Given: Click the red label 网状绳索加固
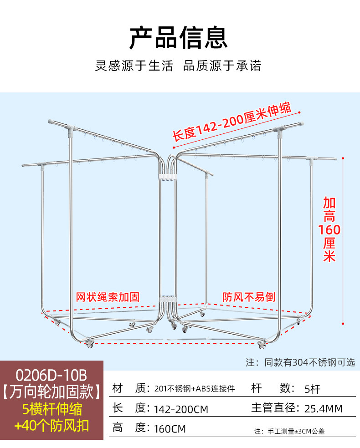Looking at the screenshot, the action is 108,297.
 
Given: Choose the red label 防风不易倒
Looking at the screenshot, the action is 249,297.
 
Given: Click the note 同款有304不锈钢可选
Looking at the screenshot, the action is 300,362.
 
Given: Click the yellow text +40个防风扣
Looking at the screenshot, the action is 51,426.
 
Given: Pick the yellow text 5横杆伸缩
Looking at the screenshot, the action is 51,408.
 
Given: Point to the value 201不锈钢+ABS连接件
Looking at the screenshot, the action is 195,389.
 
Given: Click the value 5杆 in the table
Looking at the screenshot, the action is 313,389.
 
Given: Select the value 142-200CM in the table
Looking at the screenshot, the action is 181,409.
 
